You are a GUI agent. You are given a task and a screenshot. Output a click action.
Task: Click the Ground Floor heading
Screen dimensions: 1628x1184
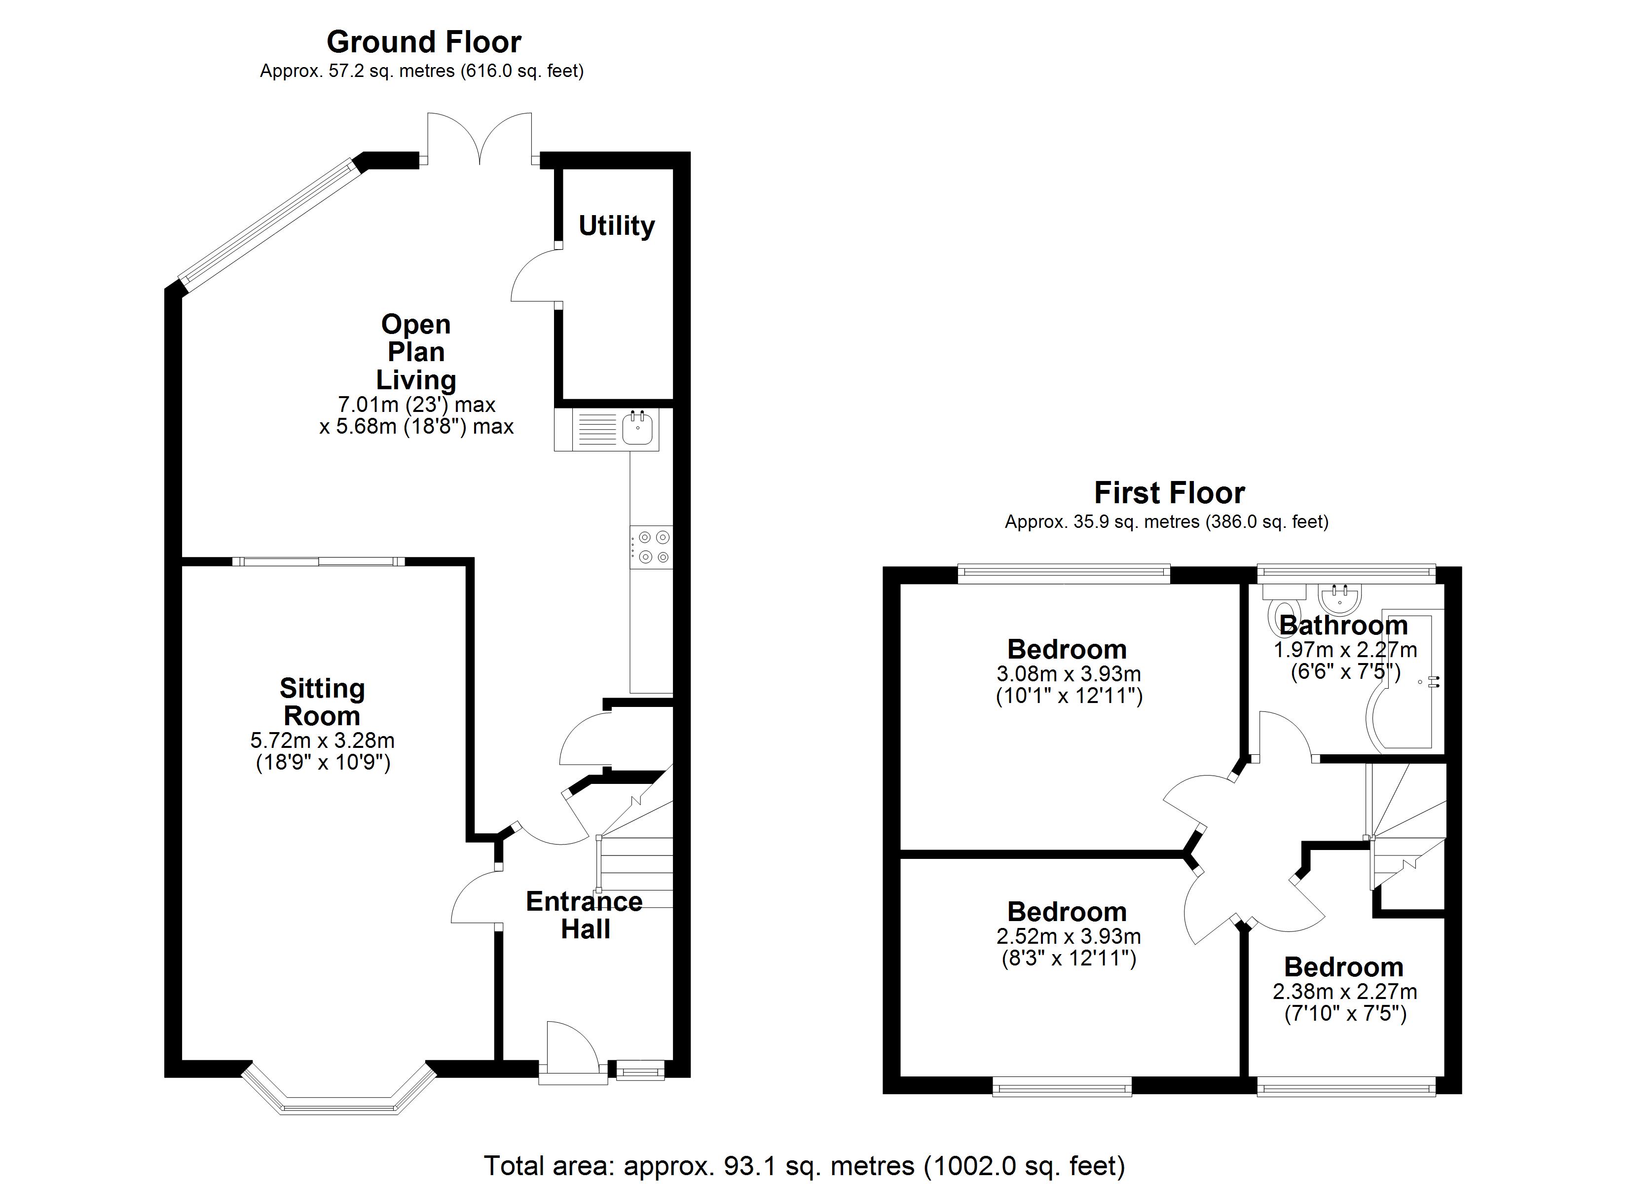423,42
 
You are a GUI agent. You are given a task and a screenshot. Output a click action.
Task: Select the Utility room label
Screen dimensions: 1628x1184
617,226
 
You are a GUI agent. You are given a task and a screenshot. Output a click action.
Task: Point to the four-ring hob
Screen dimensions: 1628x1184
652,547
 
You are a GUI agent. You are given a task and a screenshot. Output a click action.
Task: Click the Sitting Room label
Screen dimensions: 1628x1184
322,702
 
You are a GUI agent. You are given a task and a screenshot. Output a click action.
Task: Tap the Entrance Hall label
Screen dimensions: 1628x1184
584,915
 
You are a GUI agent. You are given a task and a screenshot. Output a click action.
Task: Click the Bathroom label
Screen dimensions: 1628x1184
1344,626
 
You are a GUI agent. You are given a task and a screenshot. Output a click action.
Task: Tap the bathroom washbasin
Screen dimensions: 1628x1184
1339,596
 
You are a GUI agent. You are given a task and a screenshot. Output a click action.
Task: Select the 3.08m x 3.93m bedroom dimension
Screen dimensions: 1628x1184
1069,685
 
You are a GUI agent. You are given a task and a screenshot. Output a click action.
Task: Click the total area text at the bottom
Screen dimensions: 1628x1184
804,1165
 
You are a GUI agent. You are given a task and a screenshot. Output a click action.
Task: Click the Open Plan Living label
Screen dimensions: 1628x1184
416,352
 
